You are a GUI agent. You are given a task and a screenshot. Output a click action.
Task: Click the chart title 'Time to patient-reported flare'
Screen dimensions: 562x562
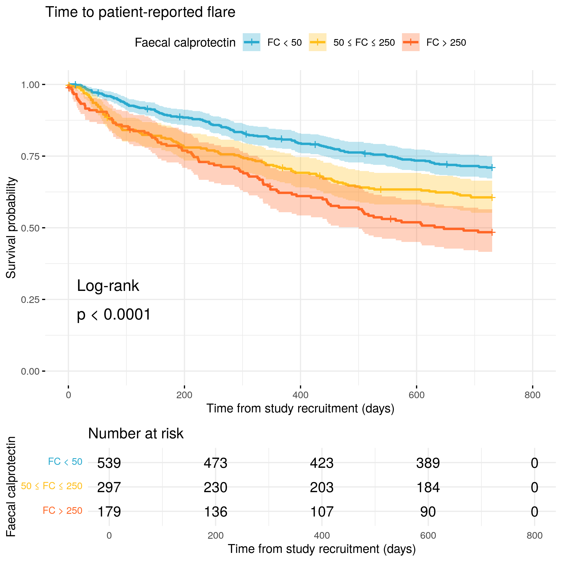tap(140, 12)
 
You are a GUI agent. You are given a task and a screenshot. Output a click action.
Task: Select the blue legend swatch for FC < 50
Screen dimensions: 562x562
tap(251, 43)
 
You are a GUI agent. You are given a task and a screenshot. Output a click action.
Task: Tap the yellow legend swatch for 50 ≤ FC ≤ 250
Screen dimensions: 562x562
tap(317, 43)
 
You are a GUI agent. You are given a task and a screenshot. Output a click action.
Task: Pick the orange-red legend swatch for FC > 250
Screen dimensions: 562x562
tap(411, 43)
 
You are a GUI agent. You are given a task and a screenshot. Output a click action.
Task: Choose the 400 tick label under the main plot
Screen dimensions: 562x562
tap(300, 395)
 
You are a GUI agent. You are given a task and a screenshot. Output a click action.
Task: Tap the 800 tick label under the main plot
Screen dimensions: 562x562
tap(532, 395)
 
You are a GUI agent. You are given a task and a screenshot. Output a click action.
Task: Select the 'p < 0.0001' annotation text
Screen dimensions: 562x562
tap(114, 314)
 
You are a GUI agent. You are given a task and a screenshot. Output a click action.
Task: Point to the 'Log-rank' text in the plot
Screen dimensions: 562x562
tap(108, 286)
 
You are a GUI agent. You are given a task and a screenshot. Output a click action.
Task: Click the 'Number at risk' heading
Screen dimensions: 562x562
tap(136, 434)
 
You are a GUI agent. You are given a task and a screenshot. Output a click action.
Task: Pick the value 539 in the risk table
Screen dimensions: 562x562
tap(109, 463)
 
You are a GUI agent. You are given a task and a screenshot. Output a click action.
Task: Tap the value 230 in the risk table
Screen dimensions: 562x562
tap(215, 487)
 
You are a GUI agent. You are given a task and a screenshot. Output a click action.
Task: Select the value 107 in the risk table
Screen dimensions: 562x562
tap(321, 512)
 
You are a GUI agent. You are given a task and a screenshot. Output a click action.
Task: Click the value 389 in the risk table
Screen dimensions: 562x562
tap(428, 463)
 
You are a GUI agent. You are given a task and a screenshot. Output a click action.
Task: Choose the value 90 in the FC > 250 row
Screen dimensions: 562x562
tap(428, 512)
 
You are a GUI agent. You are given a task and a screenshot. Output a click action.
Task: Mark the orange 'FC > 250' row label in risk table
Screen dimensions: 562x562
tap(63, 511)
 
